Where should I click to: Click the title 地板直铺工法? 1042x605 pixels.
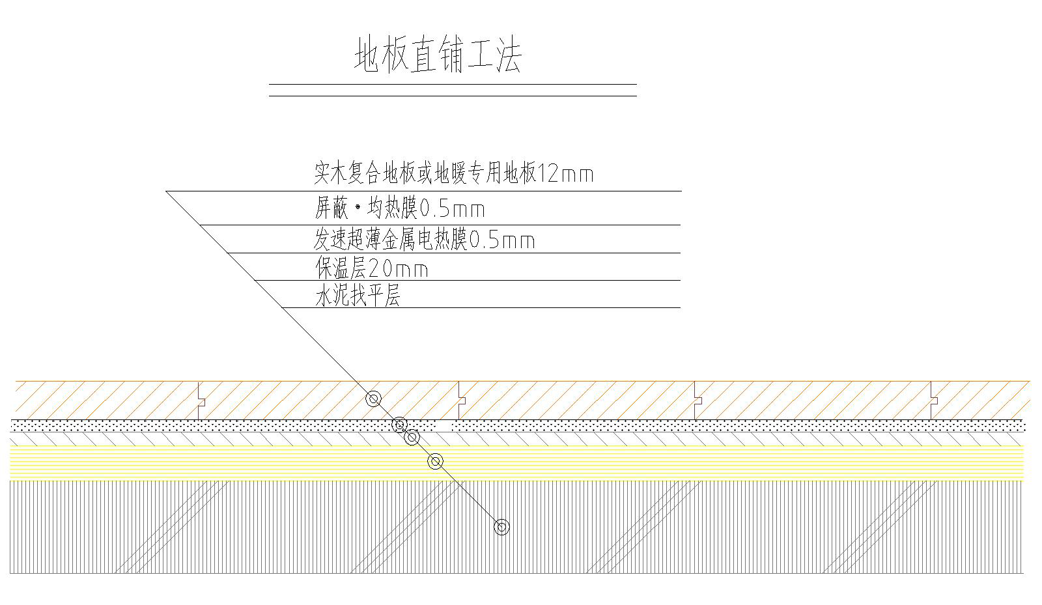(x=438, y=54)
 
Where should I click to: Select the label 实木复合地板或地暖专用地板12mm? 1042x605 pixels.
(x=453, y=173)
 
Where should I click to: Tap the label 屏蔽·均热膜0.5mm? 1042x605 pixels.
(x=399, y=208)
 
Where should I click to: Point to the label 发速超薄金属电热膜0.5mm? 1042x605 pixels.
(x=423, y=240)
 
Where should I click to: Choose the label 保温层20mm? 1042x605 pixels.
(x=371, y=268)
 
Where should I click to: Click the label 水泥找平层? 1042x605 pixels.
(x=357, y=296)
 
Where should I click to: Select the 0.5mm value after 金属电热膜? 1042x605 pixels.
(x=502, y=241)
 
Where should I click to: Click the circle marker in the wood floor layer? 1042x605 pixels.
(x=373, y=399)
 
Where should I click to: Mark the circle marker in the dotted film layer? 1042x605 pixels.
(x=400, y=425)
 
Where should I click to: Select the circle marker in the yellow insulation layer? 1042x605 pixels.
(x=436, y=462)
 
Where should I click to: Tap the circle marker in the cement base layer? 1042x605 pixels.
(x=501, y=527)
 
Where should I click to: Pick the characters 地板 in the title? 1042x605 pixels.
(x=381, y=54)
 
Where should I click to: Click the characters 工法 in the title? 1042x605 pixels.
(x=494, y=54)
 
